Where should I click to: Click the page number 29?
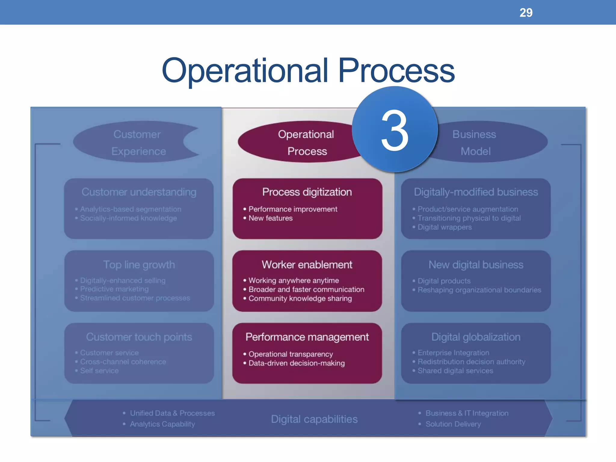click(526, 13)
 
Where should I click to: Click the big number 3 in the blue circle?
click(395, 130)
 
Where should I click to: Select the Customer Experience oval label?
click(138, 143)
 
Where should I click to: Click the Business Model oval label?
click(475, 143)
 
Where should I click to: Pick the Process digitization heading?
click(307, 192)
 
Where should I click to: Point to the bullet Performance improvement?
click(293, 209)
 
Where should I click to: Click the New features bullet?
click(270, 218)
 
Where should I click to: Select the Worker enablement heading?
click(307, 265)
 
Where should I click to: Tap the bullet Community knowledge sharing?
click(300, 298)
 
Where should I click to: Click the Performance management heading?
click(307, 337)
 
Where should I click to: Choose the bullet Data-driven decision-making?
click(296, 363)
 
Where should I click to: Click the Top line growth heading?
click(139, 265)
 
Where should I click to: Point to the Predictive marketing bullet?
click(114, 289)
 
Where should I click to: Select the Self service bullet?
click(99, 371)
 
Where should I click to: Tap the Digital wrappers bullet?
click(444, 227)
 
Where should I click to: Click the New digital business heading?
click(476, 265)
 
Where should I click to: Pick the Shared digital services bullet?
click(455, 371)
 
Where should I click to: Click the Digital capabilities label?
click(314, 419)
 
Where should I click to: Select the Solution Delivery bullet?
click(453, 424)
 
